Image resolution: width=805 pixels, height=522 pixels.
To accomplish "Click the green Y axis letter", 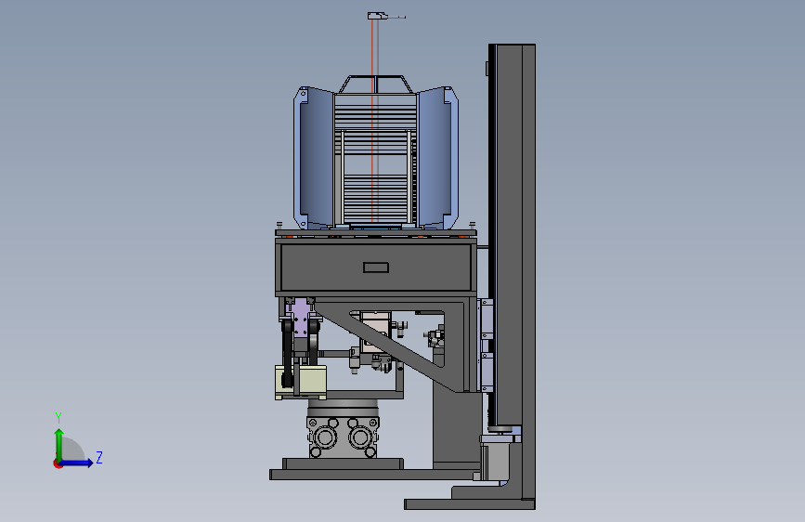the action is point(58,418).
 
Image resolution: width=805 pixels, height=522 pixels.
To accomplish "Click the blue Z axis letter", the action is point(99,457).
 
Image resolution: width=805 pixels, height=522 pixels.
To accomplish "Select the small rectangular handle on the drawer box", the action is point(376,268).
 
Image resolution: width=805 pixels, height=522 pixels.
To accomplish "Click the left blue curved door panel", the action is point(314,157).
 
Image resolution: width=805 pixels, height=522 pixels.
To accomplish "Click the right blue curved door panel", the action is point(438,157).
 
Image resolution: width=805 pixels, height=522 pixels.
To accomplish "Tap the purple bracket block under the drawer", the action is point(300,317).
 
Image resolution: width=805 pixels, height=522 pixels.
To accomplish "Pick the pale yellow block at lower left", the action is point(301,381).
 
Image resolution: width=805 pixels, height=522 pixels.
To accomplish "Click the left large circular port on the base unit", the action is point(325,437).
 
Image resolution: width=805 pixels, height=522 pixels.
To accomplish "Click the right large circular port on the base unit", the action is point(360,437).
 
